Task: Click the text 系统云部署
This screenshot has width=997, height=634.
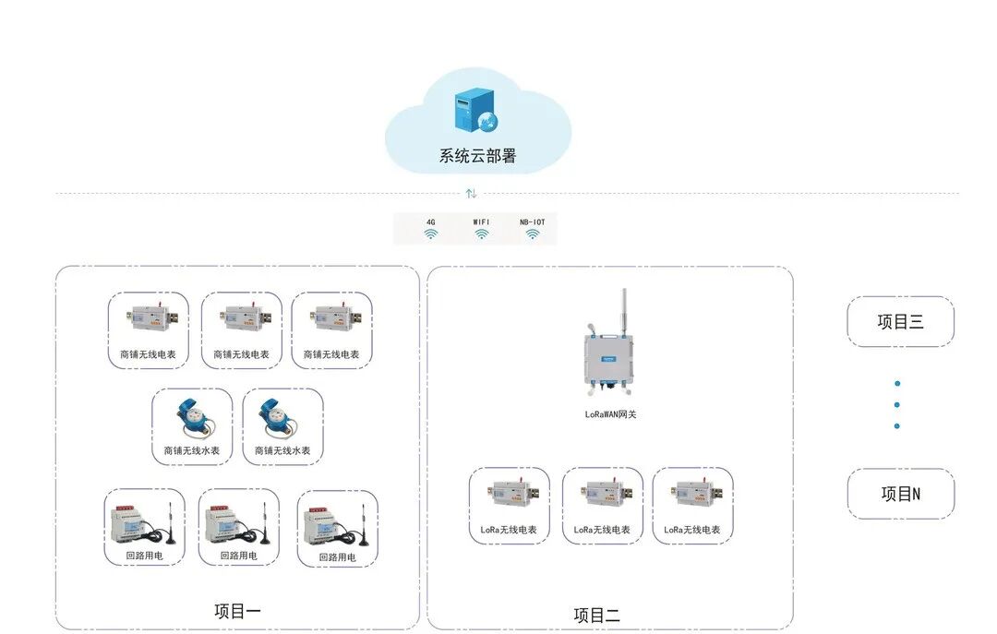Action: click(x=477, y=156)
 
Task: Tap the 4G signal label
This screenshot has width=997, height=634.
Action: click(x=431, y=222)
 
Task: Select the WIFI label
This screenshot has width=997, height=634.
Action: click(x=481, y=222)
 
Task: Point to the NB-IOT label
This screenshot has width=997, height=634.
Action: click(x=533, y=222)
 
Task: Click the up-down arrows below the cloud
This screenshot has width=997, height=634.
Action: click(x=471, y=193)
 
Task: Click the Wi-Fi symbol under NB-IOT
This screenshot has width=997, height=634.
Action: click(x=533, y=234)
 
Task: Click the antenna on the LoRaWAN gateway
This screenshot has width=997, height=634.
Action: click(x=623, y=308)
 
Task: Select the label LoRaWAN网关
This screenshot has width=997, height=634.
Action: click(x=610, y=414)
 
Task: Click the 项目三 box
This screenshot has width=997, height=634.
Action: click(x=900, y=322)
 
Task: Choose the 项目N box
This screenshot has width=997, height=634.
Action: click(x=900, y=494)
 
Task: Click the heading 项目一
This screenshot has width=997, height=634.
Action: click(x=237, y=611)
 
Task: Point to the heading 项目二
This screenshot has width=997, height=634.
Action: click(x=596, y=616)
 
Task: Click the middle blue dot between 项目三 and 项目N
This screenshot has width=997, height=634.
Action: click(x=896, y=404)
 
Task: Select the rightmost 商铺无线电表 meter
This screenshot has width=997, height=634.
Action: click(x=331, y=319)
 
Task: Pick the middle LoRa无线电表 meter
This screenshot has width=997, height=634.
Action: click(x=602, y=495)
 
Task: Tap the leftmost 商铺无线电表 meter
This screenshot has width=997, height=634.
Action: click(x=149, y=319)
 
